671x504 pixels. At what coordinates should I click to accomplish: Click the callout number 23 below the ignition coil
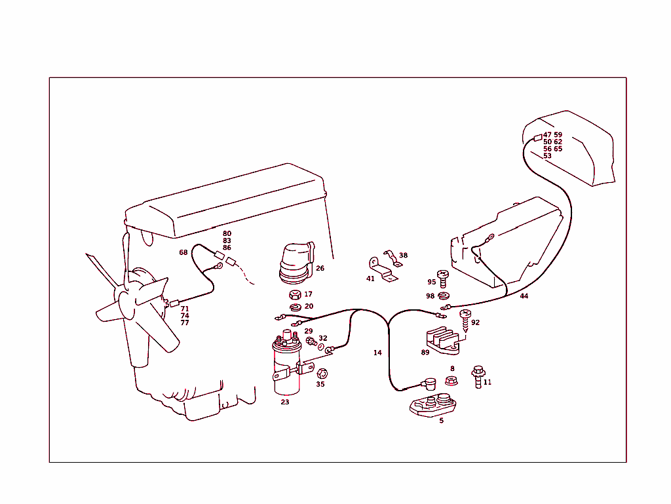(x=285, y=402)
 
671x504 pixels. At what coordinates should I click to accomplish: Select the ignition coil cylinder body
(x=286, y=374)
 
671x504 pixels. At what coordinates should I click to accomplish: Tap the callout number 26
(x=320, y=268)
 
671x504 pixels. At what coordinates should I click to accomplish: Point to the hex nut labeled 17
(x=295, y=294)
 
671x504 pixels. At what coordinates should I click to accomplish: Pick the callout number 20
(x=309, y=306)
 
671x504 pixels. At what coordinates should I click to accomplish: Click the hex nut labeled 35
(x=321, y=374)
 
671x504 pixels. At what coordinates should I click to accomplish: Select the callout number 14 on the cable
(x=377, y=353)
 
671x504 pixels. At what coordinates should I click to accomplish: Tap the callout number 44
(x=524, y=296)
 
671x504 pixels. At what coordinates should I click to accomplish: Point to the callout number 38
(x=403, y=256)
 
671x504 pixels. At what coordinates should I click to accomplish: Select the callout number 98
(x=431, y=296)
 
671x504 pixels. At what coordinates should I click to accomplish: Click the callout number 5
(x=441, y=421)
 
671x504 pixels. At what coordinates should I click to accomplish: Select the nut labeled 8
(x=451, y=379)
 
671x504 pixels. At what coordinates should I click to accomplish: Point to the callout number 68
(x=183, y=253)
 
